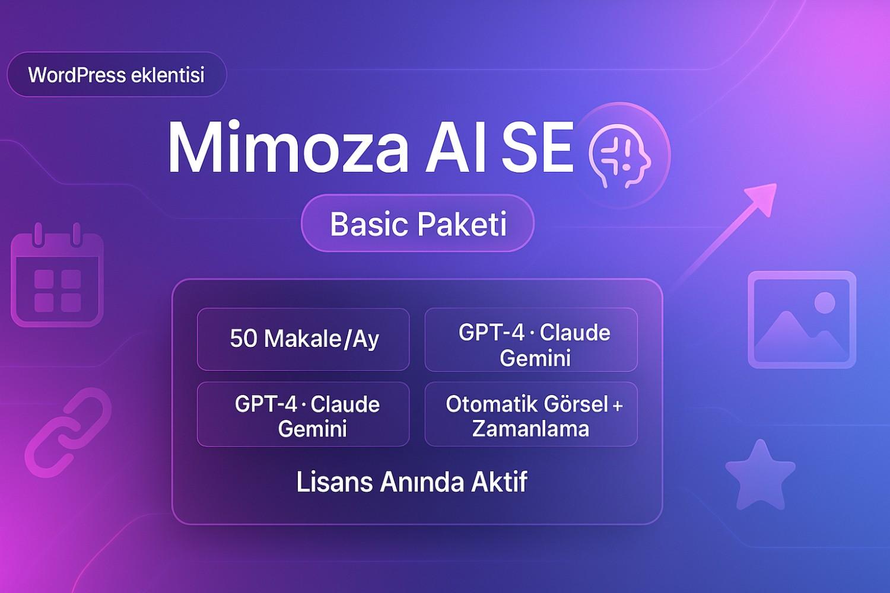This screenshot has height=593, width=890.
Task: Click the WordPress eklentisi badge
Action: [117, 74]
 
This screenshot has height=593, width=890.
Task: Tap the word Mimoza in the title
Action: [288, 146]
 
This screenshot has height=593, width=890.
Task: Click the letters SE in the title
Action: [538, 146]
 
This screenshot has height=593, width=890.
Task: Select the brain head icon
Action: [619, 157]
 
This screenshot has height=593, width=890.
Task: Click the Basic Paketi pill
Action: [418, 223]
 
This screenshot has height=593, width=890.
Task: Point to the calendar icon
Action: [57, 275]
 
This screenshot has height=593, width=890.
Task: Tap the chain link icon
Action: [68, 432]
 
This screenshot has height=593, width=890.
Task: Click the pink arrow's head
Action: [762, 199]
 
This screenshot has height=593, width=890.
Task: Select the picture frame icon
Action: [802, 320]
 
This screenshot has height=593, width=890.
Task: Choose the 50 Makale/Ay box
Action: [303, 339]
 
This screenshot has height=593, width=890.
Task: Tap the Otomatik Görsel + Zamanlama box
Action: [531, 414]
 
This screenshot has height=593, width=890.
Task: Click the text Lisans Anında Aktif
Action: [412, 482]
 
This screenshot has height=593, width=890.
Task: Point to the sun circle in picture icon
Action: [825, 302]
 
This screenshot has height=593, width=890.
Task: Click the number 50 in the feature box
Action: [243, 339]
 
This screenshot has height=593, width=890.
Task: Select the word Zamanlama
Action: [530, 428]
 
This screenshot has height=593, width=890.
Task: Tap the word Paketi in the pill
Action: [462, 224]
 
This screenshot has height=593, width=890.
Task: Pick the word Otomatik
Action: [492, 404]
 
